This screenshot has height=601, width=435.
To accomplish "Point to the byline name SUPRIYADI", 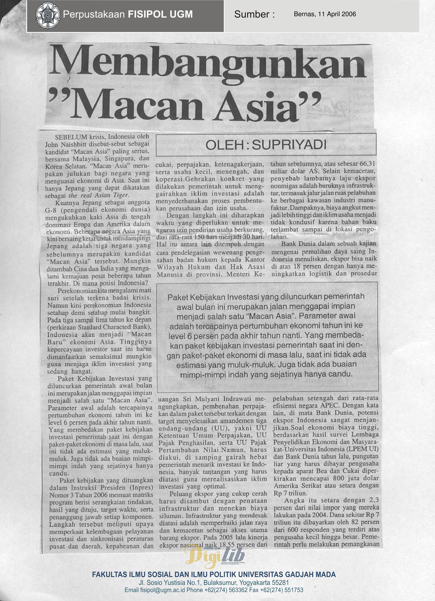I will [x=289, y=145].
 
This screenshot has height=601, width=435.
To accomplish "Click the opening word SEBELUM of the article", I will [x=71, y=137].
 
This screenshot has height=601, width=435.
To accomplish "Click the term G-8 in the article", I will [x=51, y=210].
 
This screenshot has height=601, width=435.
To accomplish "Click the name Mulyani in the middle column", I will [x=208, y=399].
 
